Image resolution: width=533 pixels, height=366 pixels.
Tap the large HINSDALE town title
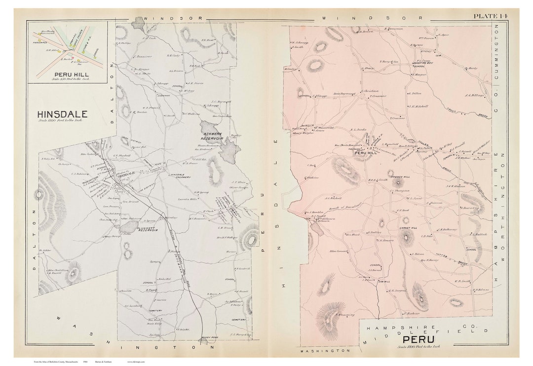click(62, 114)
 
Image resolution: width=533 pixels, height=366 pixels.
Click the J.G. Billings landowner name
click(474, 96)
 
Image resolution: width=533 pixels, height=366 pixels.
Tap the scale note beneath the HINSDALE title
click(62, 121)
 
